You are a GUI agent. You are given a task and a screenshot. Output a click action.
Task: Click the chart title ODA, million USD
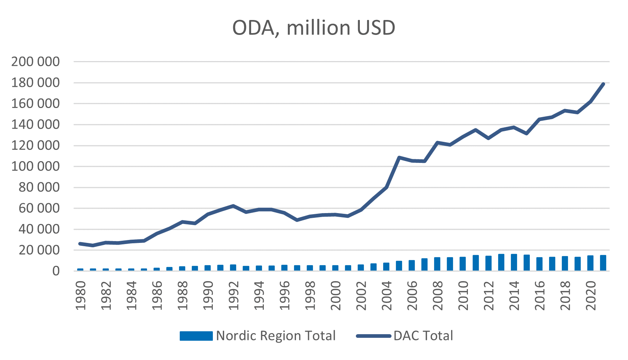pyautogui.click(x=314, y=28)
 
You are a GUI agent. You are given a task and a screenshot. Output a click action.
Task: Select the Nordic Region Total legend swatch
pyautogui.click(x=196, y=336)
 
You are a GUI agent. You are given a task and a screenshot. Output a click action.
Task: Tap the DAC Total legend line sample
pyautogui.click(x=374, y=336)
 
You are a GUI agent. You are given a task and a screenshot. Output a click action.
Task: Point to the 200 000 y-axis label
pyautogui.click(x=35, y=61)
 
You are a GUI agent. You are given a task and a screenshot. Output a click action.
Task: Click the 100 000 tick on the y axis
pyautogui.click(x=35, y=166)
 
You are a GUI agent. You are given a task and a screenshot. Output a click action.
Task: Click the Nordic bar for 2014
pyautogui.click(x=514, y=262)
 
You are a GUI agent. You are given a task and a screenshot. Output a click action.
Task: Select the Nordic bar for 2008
pyautogui.click(x=437, y=264)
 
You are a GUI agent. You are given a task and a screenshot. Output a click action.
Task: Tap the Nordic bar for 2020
pyautogui.click(x=590, y=263)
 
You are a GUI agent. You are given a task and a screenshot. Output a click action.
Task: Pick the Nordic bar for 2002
pyautogui.click(x=361, y=268)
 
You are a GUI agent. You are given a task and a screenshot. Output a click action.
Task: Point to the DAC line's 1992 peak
pyautogui.click(x=233, y=206)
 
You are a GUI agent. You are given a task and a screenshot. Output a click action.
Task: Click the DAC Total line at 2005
pyautogui.click(x=399, y=157)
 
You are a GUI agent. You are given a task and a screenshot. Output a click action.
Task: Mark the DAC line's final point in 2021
pyautogui.click(x=603, y=84)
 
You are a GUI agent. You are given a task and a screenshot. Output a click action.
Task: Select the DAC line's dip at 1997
pyautogui.click(x=297, y=220)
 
